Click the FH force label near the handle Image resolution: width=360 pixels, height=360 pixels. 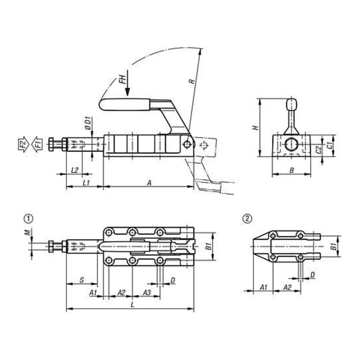click(123, 79)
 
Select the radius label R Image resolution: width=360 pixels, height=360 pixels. click(191, 81)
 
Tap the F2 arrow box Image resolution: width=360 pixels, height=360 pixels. click(23, 144)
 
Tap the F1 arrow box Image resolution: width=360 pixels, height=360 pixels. click(37, 144)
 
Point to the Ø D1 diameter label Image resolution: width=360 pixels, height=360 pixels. click(88, 123)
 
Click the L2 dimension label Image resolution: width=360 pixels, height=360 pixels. click(75, 170)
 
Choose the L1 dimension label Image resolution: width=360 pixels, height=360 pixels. click(86, 183)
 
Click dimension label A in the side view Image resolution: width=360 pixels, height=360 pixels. click(149, 183)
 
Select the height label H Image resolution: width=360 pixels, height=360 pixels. click(255, 127)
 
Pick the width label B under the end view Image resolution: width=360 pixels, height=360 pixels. click(291, 170)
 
